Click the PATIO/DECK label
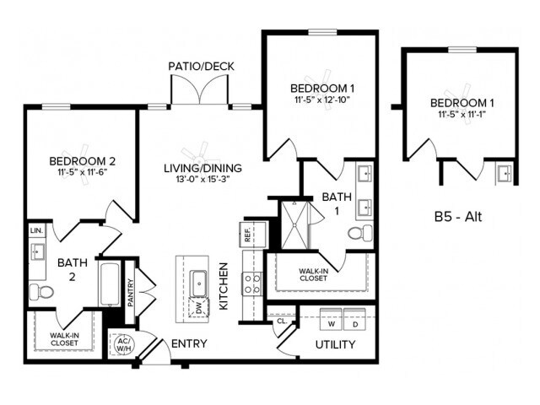200,66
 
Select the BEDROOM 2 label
82,161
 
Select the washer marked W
332,323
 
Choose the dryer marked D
355,323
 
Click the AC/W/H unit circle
122,345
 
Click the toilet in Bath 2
41,292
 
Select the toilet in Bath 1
359,233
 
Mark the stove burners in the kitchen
251,284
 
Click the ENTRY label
190,344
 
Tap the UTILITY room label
334,345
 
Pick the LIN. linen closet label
36,230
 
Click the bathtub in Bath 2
110,284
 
